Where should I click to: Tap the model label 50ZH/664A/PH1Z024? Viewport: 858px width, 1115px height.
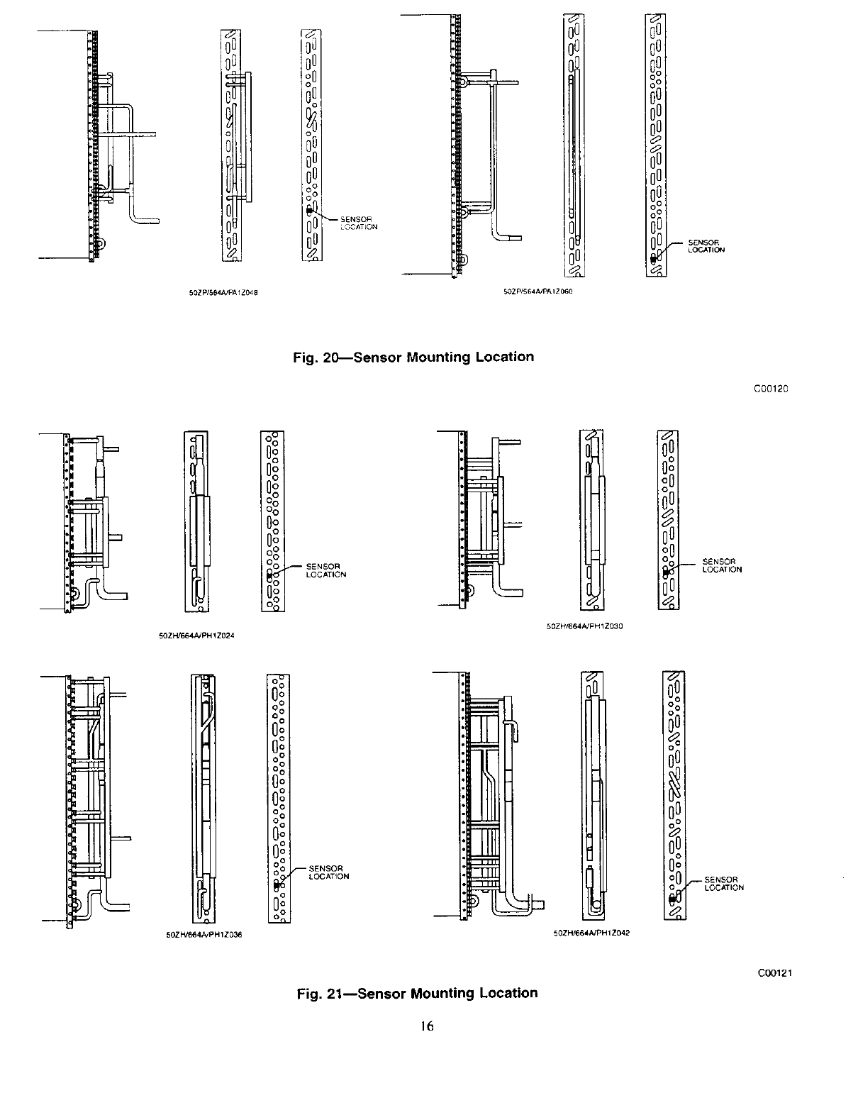(206, 636)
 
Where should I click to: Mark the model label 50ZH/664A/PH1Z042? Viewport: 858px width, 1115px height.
(591, 933)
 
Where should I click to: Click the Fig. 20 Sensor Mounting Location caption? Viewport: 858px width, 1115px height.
(413, 357)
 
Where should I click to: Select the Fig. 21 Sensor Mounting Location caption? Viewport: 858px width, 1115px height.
(417, 992)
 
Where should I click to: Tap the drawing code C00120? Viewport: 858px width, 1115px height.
(771, 389)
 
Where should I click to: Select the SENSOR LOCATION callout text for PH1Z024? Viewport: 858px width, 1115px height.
(325, 570)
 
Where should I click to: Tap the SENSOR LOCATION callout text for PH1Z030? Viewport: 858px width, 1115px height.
(721, 565)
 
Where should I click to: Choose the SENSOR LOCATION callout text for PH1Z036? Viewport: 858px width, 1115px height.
(328, 872)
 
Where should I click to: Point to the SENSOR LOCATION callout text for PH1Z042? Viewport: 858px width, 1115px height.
(724, 884)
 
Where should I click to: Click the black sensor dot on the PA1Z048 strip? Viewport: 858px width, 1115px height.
(309, 211)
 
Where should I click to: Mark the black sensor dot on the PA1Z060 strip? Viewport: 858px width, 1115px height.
(653, 259)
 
